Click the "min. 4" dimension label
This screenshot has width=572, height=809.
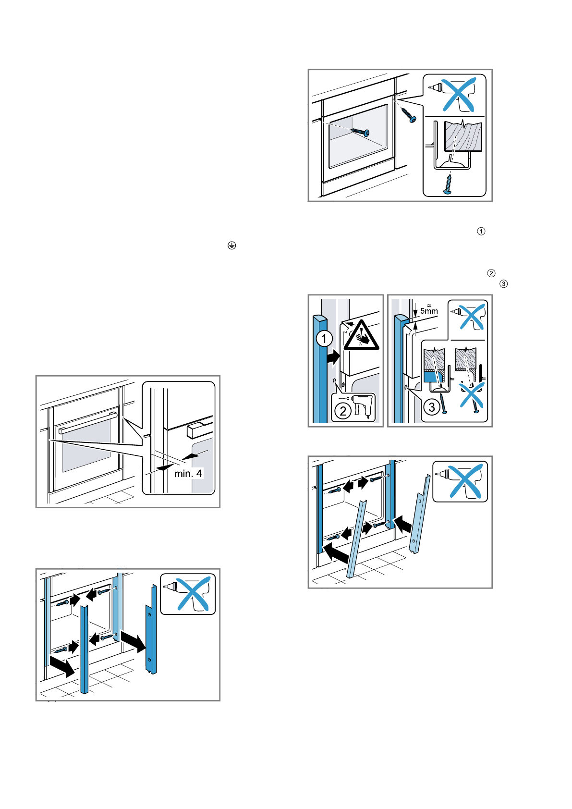tap(188, 474)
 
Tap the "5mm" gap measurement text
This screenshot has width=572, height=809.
tap(429, 311)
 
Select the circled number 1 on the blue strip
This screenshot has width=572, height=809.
tap(324, 339)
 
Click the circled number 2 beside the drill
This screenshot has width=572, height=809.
tap(343, 411)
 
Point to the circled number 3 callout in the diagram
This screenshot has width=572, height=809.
tap(432, 407)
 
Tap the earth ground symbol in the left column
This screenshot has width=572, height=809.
tap(232, 245)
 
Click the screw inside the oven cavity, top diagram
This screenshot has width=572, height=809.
tap(361, 131)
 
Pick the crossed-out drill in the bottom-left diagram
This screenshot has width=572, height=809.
tap(192, 594)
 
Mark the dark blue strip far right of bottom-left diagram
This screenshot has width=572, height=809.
tap(151, 629)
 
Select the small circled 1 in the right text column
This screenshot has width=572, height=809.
tap(481, 231)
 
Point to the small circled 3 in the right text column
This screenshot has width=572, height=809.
tap(503, 284)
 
